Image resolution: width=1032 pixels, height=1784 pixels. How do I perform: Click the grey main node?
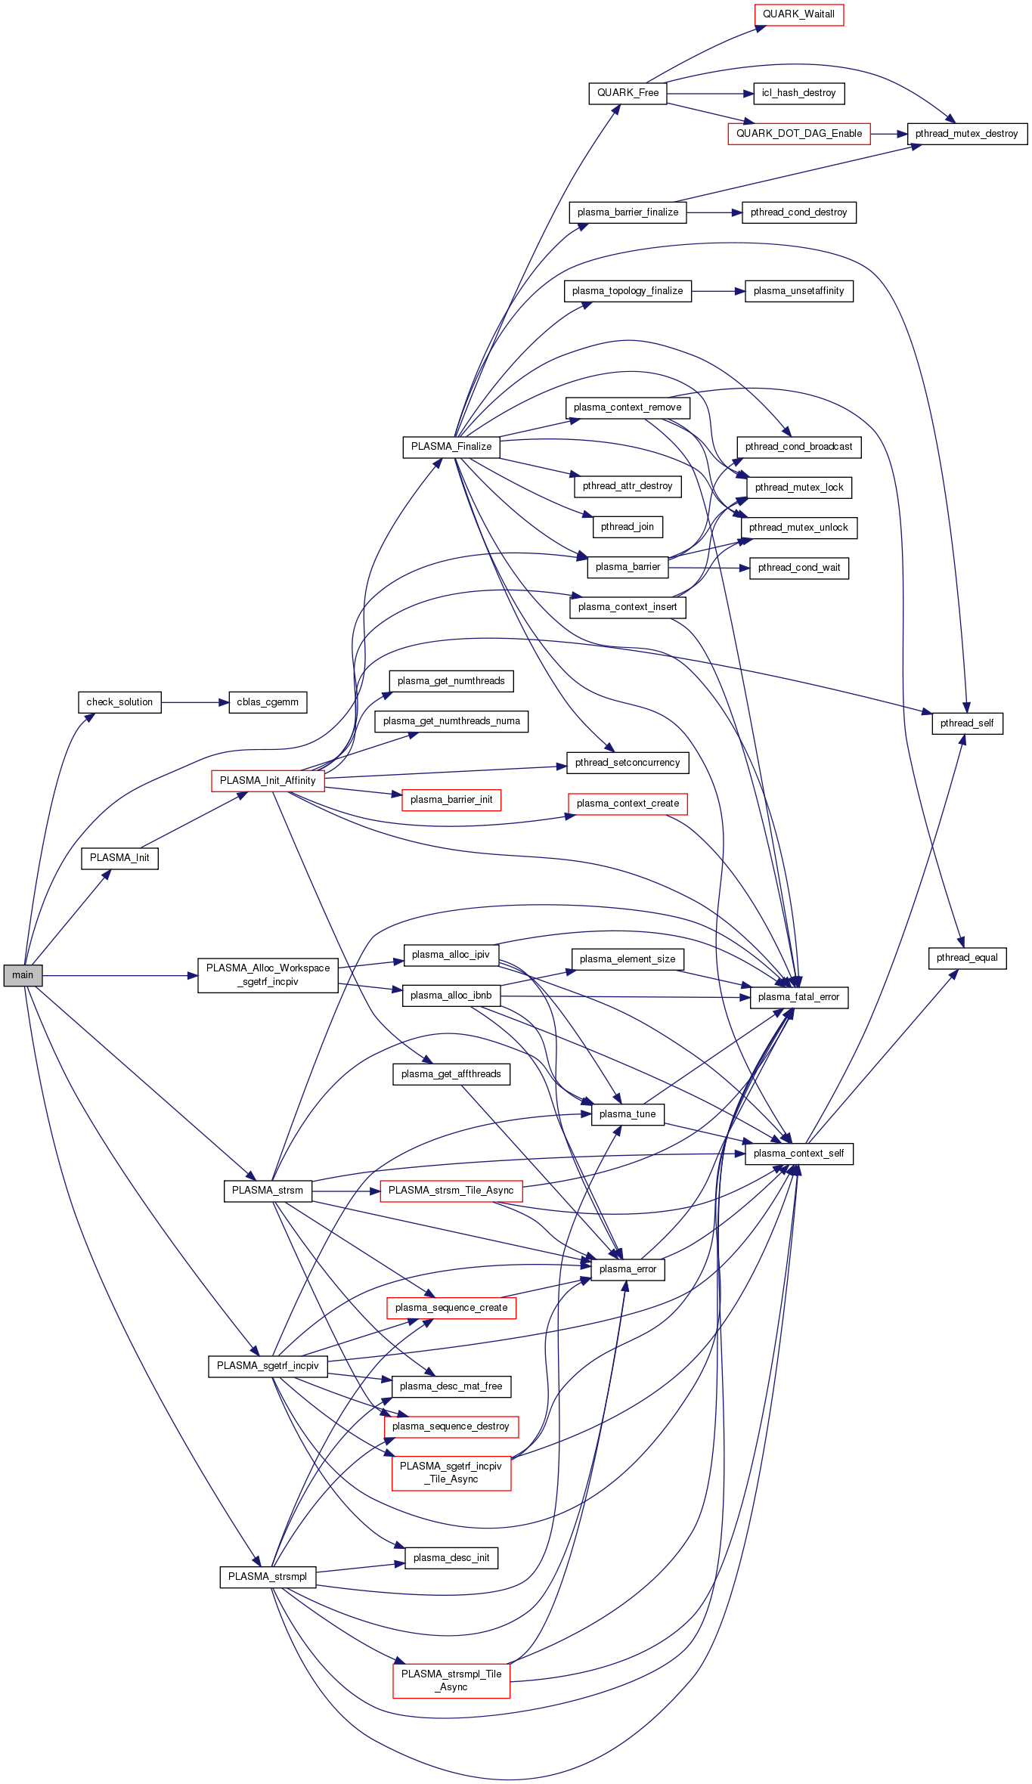pyautogui.click(x=23, y=975)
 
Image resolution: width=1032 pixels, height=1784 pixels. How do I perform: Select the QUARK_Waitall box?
pyautogui.click(x=798, y=14)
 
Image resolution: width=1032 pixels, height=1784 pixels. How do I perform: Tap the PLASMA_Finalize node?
pyautogui.click(x=451, y=447)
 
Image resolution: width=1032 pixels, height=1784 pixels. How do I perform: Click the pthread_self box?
pyautogui.click(x=967, y=723)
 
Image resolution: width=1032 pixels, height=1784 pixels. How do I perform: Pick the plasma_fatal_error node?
pyautogui.click(x=798, y=997)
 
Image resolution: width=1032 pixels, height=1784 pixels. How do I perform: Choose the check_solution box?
pyautogui.click(x=119, y=702)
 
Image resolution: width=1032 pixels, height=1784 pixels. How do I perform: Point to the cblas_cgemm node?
pyautogui.click(x=268, y=702)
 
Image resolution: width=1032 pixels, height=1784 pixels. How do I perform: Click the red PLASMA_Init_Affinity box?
pyautogui.click(x=268, y=781)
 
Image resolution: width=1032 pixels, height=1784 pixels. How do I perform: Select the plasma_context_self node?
pyautogui.click(x=798, y=1154)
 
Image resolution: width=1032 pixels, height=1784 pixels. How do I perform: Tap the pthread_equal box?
pyautogui.click(x=967, y=958)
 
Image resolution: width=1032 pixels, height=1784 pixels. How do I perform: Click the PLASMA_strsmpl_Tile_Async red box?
pyautogui.click(x=451, y=1680)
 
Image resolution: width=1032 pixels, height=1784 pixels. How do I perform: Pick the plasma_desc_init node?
pyautogui.click(x=451, y=1558)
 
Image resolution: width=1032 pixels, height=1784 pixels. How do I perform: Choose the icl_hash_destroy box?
pyautogui.click(x=798, y=93)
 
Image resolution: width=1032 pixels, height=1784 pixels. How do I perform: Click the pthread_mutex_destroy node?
pyautogui.click(x=967, y=134)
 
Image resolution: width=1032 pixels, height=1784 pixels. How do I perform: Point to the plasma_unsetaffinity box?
pyautogui.click(x=798, y=291)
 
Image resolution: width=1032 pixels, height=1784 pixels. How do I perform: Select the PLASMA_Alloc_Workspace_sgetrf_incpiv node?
pyautogui.click(x=268, y=975)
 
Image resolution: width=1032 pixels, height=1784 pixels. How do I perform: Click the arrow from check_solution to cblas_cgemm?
pyautogui.click(x=194, y=702)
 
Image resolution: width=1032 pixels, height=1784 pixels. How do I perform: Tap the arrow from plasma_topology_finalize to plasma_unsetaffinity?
pyautogui.click(x=717, y=291)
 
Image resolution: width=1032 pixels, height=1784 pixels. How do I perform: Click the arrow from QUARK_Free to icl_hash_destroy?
pyautogui.click(x=710, y=93)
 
